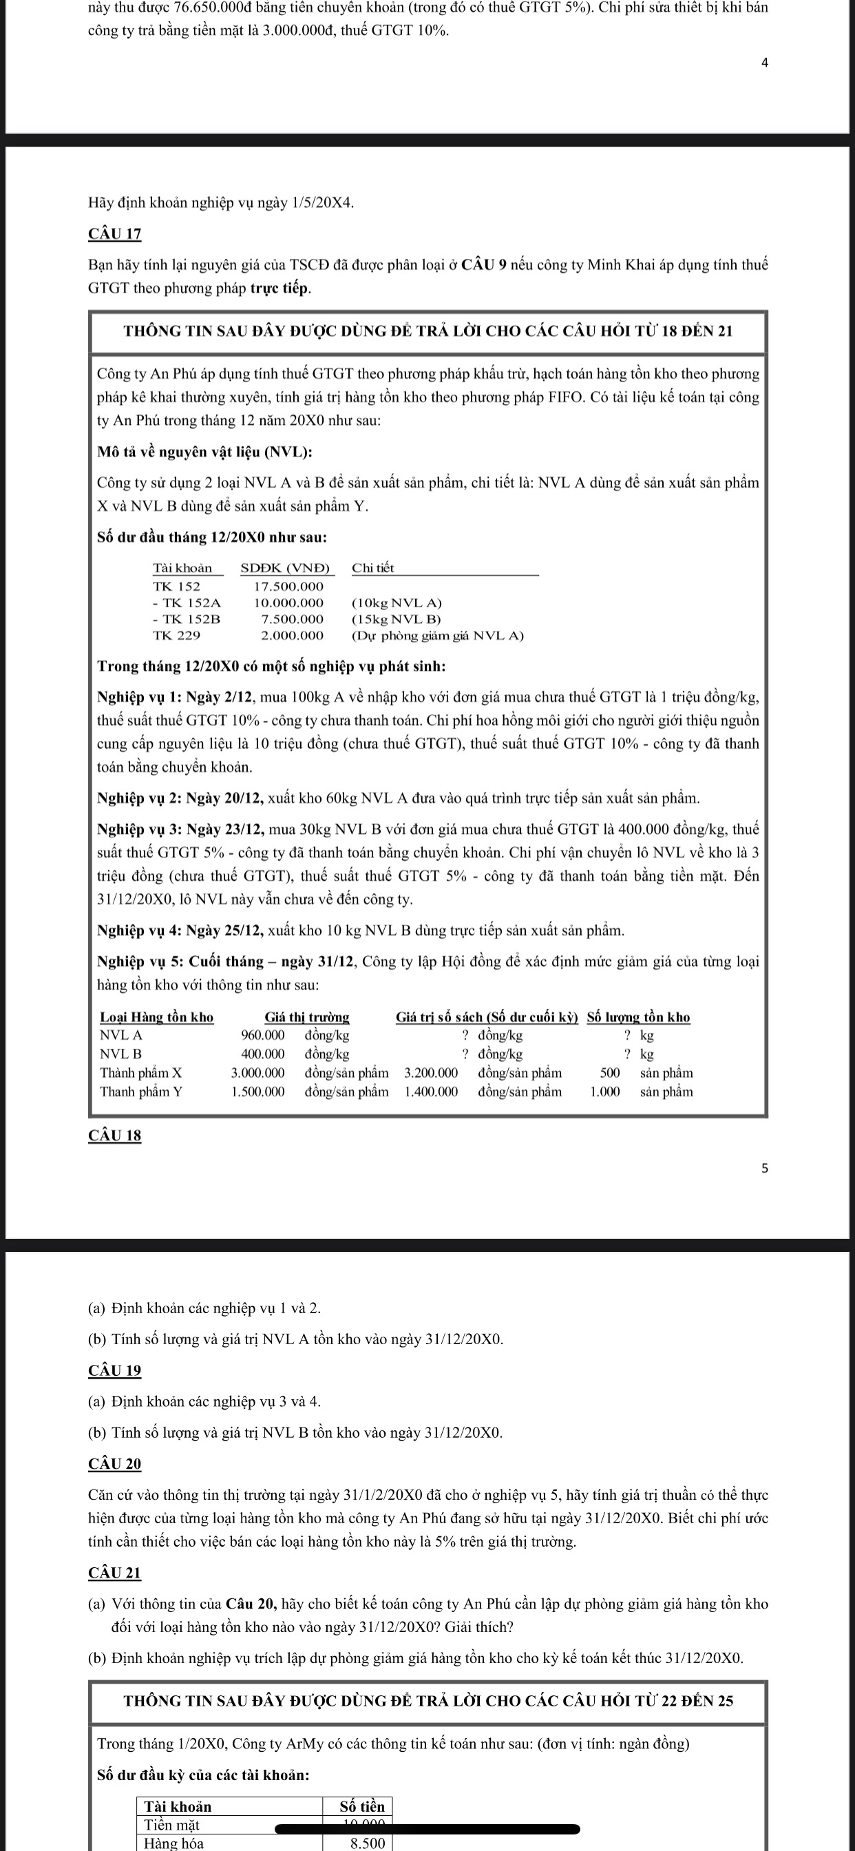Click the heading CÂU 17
click(x=115, y=234)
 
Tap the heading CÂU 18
click(x=115, y=1136)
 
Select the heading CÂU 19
click(x=115, y=1370)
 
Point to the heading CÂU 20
click(x=115, y=1464)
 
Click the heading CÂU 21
click(x=115, y=1572)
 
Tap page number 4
click(x=764, y=63)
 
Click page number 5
click(x=764, y=1169)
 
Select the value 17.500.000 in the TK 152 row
click(x=289, y=586)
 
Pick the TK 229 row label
click(x=177, y=635)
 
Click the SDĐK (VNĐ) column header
click(x=285, y=567)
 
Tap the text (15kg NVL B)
click(x=397, y=618)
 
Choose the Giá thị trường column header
click(x=307, y=1017)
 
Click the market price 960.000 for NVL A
click(x=262, y=1036)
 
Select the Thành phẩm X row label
click(x=141, y=1073)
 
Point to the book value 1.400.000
click(x=431, y=1091)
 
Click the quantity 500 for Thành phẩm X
click(x=609, y=1073)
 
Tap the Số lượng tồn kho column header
click(x=638, y=1017)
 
